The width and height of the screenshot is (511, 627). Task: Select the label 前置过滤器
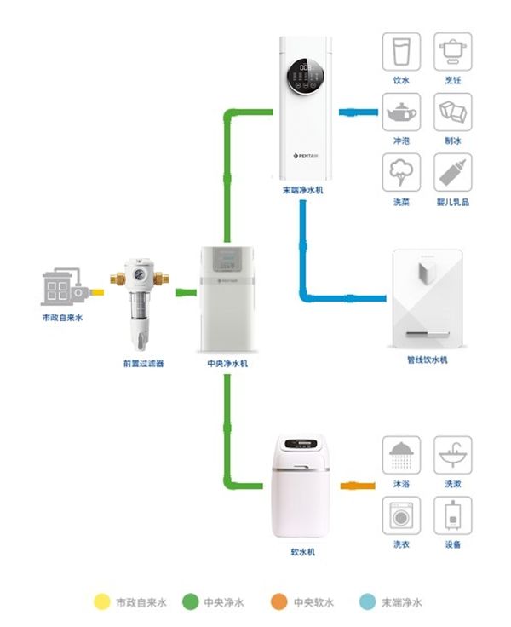(x=142, y=364)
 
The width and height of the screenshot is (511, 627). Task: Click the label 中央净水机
(x=227, y=364)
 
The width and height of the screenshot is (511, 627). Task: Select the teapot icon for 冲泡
(x=400, y=113)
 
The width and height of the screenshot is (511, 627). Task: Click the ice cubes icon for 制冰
(x=453, y=113)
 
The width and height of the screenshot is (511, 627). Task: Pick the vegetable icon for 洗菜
(x=400, y=174)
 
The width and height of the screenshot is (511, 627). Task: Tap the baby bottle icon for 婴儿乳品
(x=453, y=174)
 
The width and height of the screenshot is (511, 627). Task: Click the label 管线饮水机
(x=427, y=360)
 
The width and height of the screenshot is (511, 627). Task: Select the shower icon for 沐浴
(x=400, y=455)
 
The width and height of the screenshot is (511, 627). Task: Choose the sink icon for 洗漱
(x=453, y=455)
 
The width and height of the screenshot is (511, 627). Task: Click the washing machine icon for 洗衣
(x=400, y=515)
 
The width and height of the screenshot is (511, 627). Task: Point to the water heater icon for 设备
(x=453, y=515)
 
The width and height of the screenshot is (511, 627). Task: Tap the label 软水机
(x=302, y=553)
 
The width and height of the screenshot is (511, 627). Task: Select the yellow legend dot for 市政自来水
(x=102, y=602)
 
